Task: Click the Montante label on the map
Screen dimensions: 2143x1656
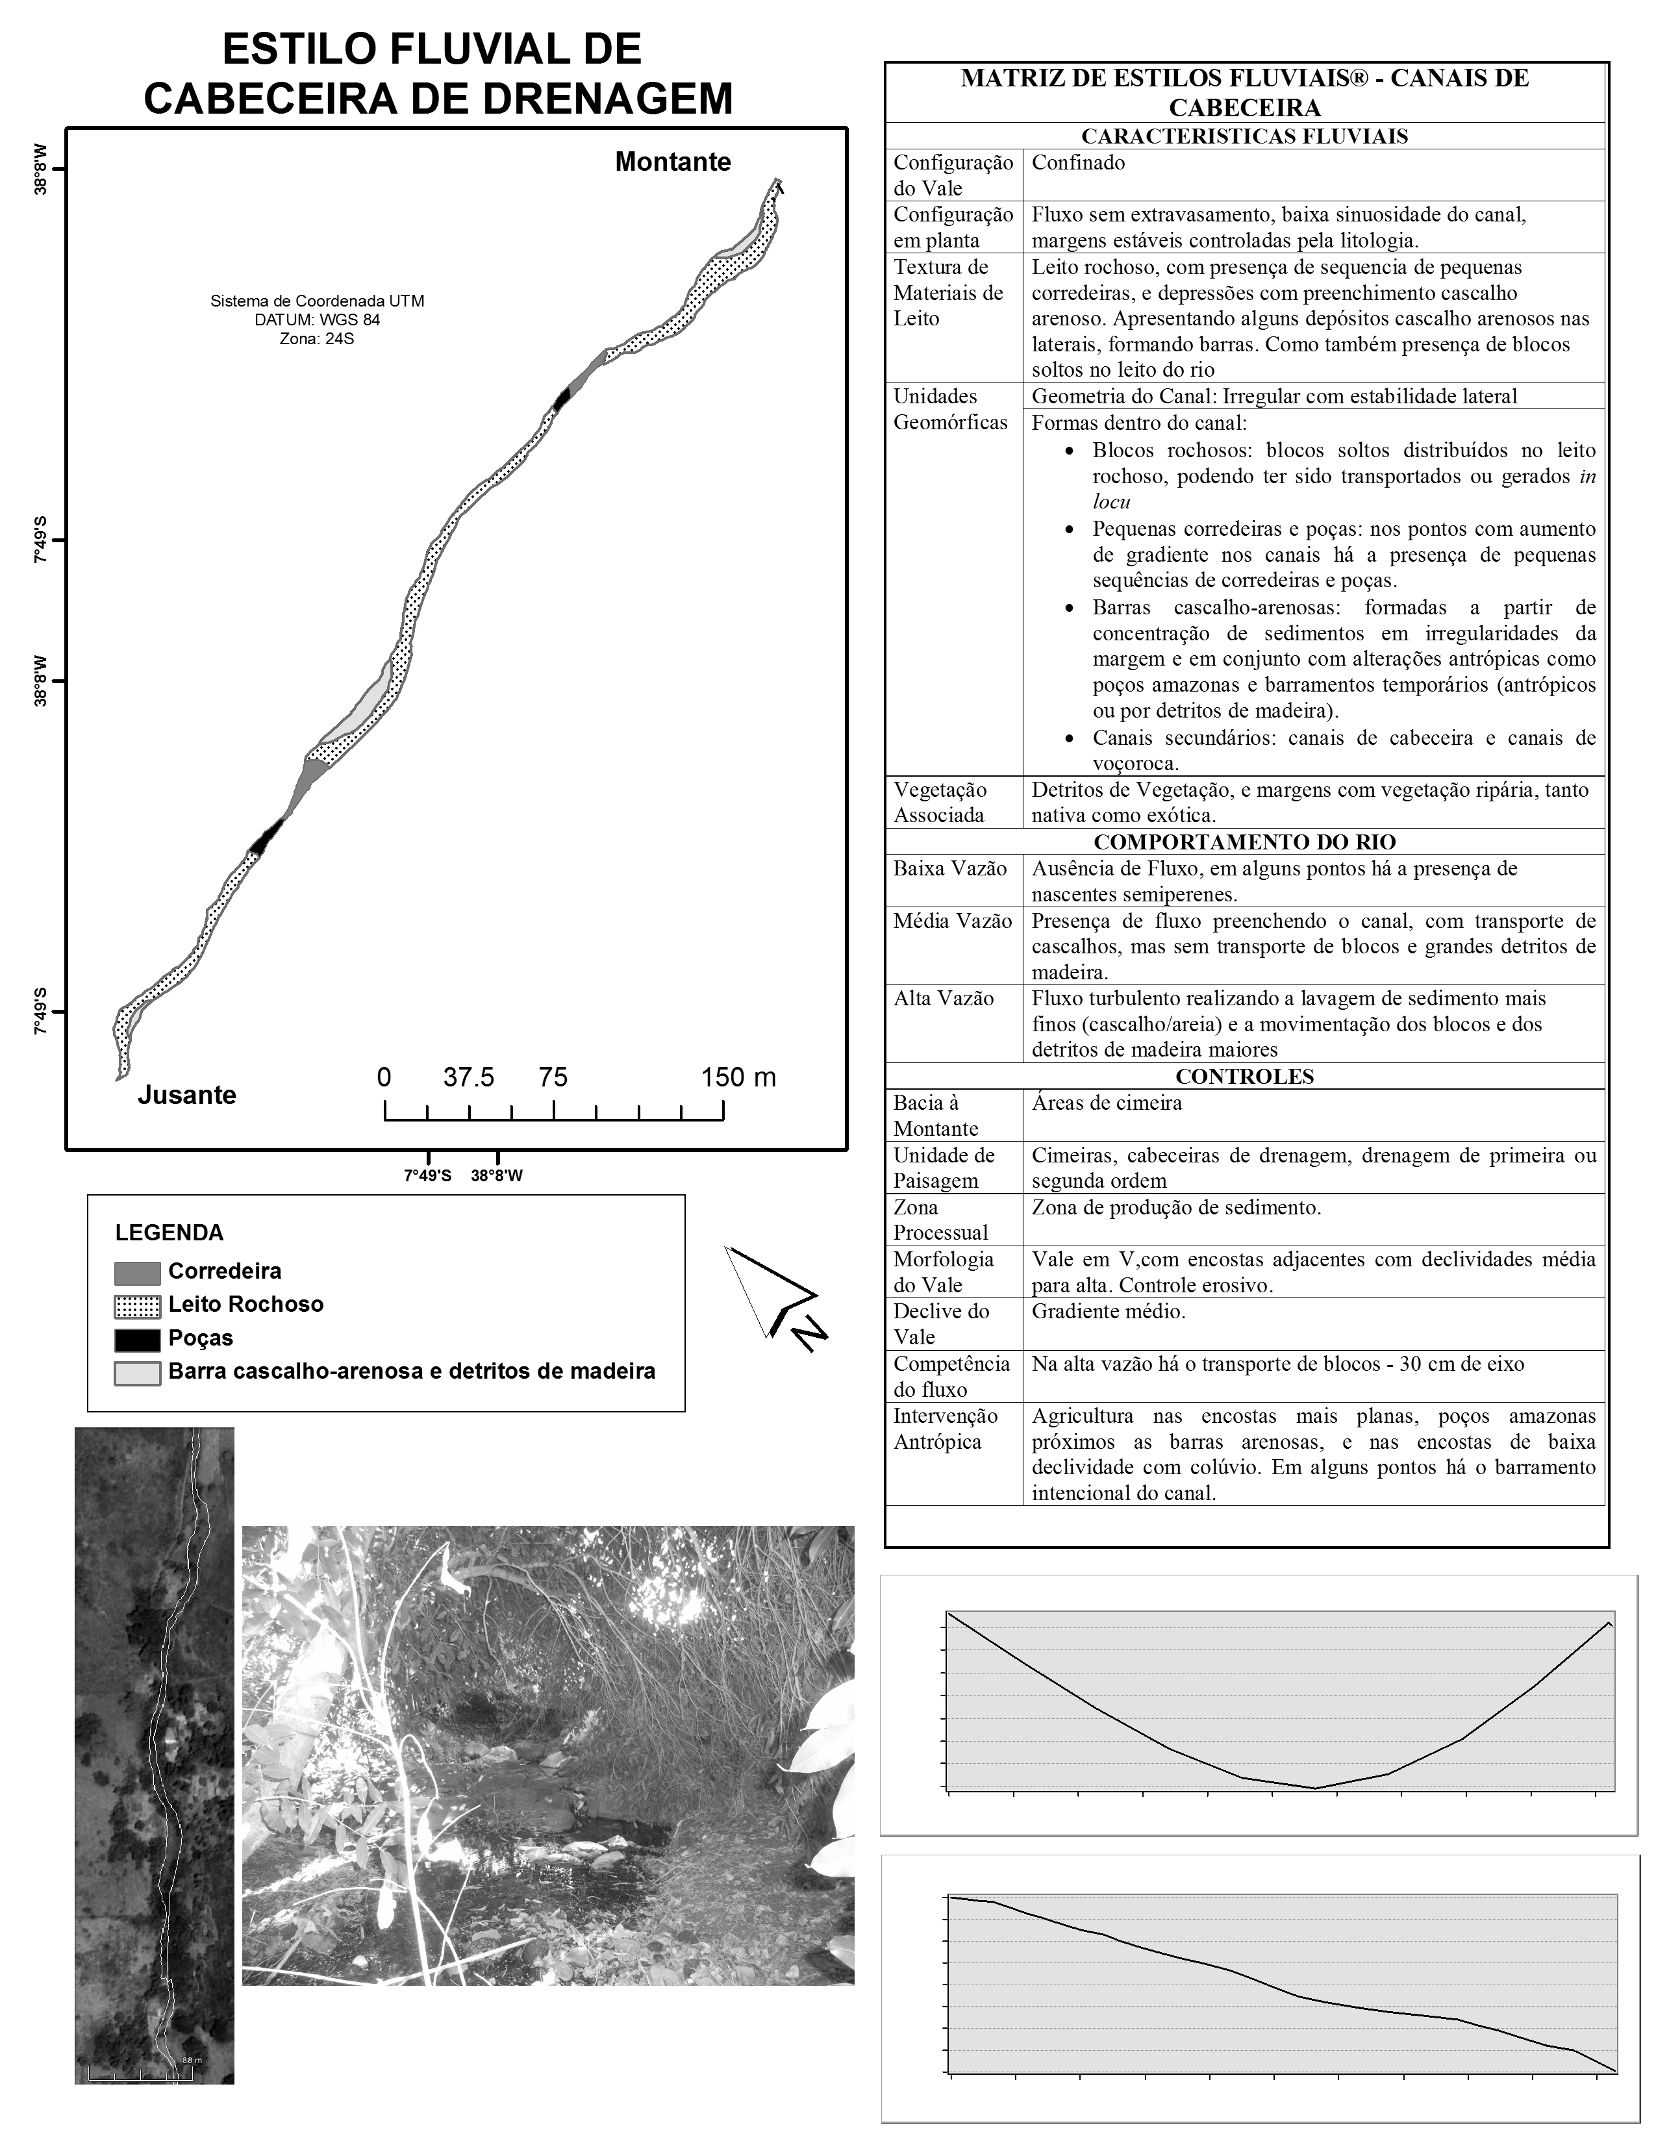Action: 672,162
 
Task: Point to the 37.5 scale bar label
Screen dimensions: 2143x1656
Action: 468,1077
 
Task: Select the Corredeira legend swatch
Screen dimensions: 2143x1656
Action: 136,1273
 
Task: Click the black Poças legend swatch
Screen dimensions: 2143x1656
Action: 136,1339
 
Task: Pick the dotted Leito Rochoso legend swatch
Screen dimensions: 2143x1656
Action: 136,1306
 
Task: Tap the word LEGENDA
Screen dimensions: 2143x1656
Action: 169,1233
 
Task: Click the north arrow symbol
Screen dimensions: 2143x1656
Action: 774,1296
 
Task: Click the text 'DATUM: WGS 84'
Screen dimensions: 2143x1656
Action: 317,320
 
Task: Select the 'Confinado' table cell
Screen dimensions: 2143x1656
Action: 1077,163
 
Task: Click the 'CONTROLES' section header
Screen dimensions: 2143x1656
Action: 1244,1077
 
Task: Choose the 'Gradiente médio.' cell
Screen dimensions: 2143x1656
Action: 1108,1311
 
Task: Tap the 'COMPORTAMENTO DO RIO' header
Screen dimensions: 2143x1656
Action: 1244,842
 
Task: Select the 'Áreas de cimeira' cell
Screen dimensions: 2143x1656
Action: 1106,1103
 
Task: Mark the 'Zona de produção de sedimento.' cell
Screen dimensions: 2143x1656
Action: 1175,1207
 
